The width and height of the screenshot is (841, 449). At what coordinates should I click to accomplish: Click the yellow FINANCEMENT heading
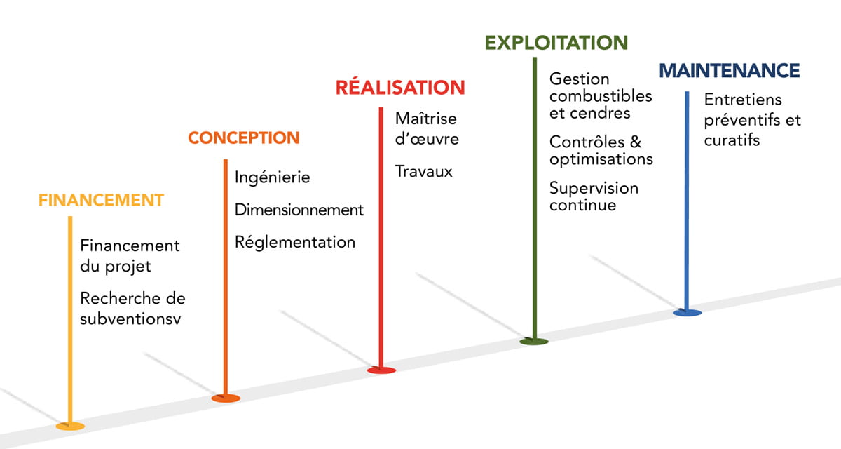click(101, 200)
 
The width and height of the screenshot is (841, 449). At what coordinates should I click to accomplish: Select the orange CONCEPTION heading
click(244, 138)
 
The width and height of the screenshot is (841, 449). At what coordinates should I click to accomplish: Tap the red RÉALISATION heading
click(400, 88)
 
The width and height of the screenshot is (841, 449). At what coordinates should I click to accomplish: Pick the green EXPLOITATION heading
click(556, 43)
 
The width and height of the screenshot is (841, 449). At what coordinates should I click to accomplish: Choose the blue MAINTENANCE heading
click(730, 71)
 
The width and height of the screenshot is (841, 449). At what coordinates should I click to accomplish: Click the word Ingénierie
click(273, 177)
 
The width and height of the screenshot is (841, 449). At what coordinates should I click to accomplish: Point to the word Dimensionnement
click(299, 210)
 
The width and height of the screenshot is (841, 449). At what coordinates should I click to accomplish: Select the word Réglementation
click(295, 243)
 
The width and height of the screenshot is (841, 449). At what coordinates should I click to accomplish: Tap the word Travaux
click(424, 171)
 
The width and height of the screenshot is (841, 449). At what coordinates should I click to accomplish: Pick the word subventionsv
click(135, 319)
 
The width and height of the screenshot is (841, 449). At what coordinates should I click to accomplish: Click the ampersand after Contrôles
click(636, 142)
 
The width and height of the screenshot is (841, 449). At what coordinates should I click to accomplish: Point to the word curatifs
click(732, 140)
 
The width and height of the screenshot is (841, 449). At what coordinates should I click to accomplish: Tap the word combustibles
click(601, 96)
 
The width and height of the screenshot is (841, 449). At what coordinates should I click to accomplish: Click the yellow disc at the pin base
click(70, 426)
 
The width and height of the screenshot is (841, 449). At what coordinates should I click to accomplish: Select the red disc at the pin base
click(381, 370)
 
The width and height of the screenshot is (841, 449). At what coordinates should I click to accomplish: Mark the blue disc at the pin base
click(687, 312)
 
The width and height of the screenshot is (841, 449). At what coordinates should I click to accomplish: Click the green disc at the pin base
click(534, 342)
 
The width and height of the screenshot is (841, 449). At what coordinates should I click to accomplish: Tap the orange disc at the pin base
click(226, 398)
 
